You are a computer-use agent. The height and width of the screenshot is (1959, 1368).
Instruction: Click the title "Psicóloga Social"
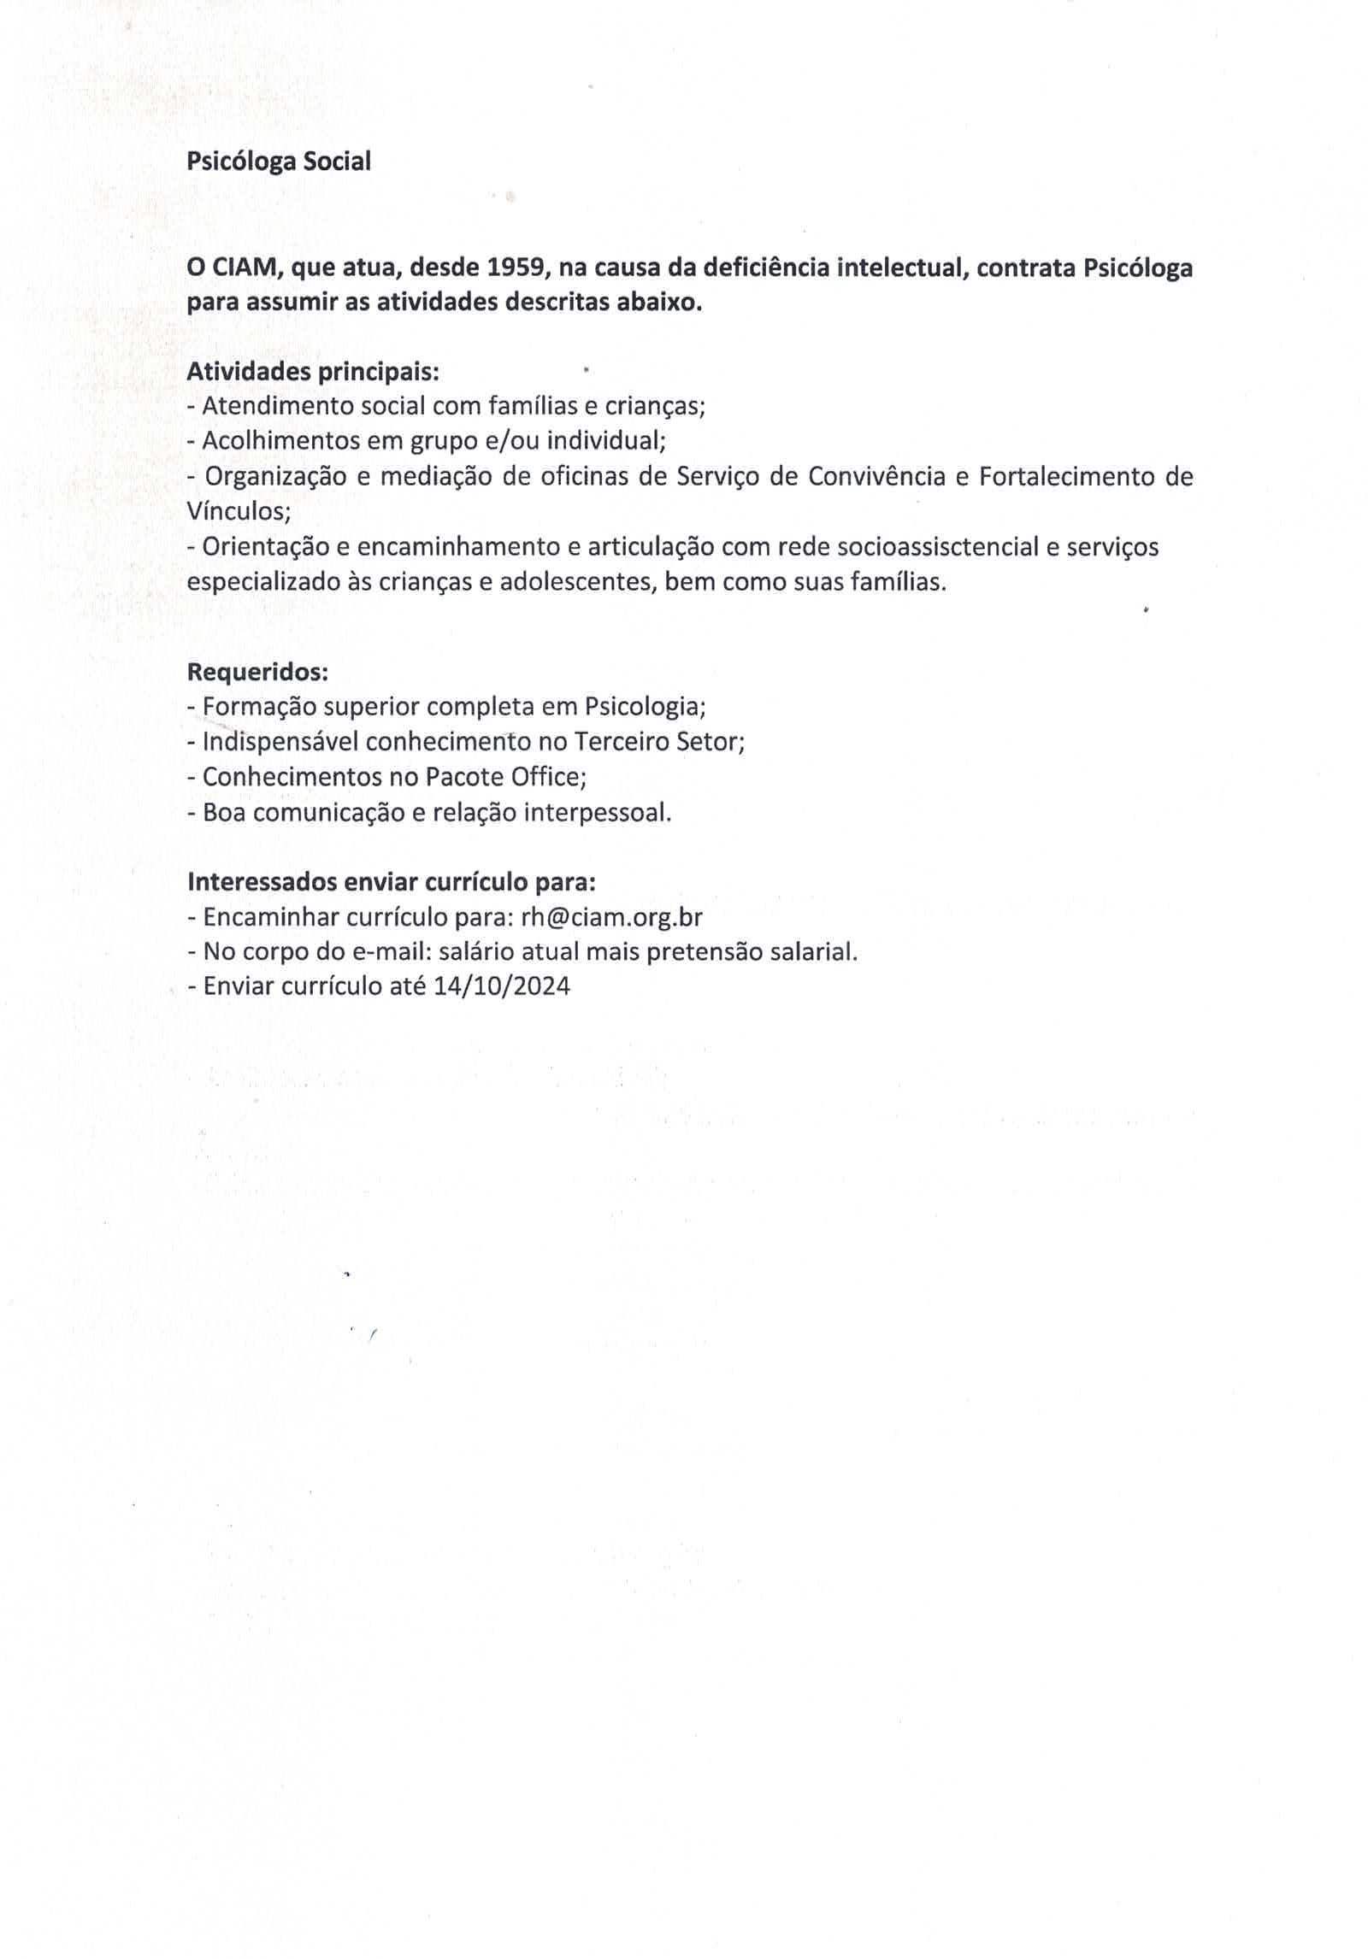[x=279, y=162]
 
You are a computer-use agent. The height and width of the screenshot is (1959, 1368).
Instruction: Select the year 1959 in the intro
[x=516, y=268]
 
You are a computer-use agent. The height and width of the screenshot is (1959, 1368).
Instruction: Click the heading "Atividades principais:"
[x=313, y=372]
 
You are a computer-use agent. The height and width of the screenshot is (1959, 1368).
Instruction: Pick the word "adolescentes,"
[x=578, y=582]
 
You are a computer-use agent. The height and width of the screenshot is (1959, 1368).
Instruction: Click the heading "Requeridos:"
[x=257, y=672]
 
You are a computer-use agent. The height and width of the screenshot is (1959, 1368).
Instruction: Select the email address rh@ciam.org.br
[x=611, y=917]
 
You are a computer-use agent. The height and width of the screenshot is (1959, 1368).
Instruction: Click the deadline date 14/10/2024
[x=501, y=986]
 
